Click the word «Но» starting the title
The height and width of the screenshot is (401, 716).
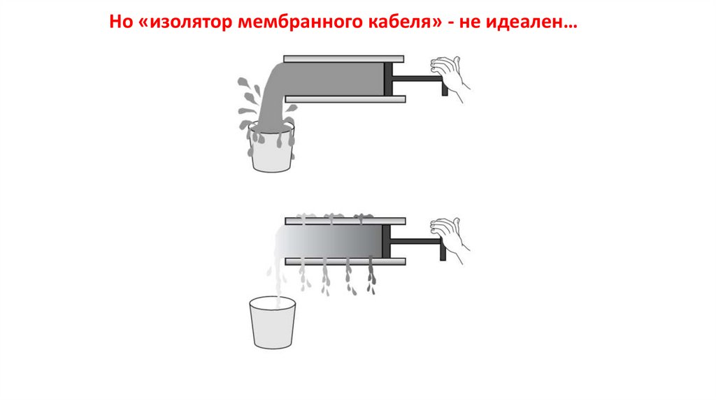[x=121, y=22]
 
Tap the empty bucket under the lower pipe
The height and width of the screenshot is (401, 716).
[x=273, y=323]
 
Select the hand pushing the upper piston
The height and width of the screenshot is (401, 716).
[x=450, y=78]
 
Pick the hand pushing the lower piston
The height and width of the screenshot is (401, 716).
[x=450, y=240]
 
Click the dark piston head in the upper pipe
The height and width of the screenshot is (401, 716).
[x=388, y=79]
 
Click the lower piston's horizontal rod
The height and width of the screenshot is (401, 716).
[x=415, y=241]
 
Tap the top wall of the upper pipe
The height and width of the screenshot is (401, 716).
[x=344, y=59]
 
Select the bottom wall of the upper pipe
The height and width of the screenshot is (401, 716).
[x=345, y=99]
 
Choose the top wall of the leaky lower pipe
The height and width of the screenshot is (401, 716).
[x=345, y=221]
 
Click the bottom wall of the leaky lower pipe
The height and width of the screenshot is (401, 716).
[x=345, y=261]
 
